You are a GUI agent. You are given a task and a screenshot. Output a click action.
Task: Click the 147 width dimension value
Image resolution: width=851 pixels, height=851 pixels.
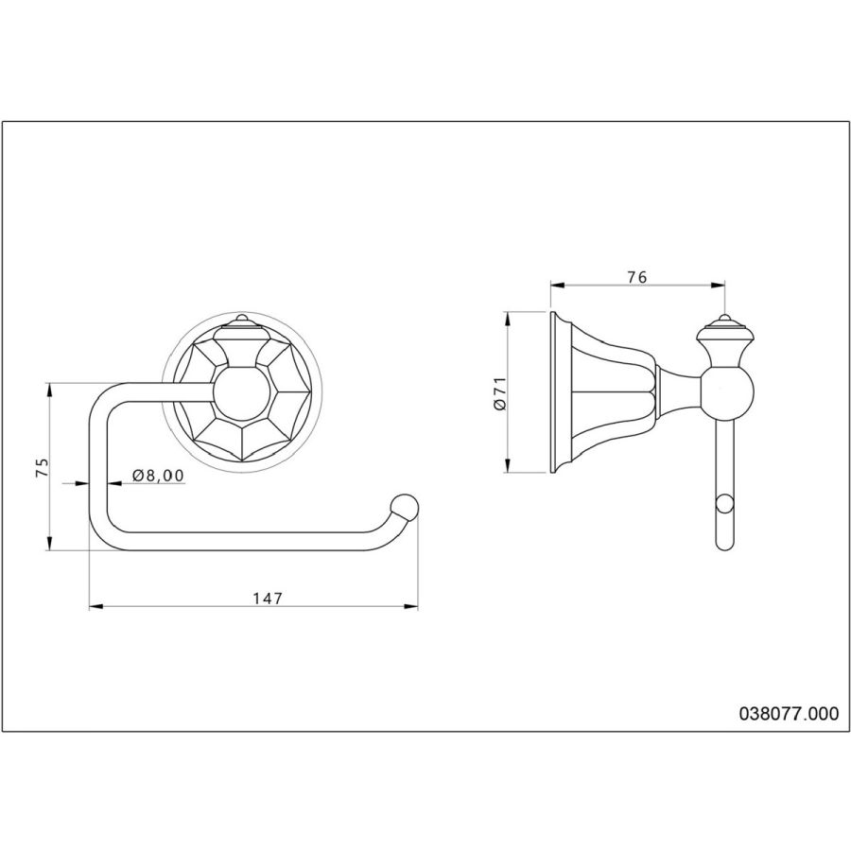(x=268, y=599)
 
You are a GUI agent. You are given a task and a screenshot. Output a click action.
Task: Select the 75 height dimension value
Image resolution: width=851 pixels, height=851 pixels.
(x=42, y=467)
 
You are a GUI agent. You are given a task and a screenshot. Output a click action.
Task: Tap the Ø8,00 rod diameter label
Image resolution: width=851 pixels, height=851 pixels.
(x=158, y=476)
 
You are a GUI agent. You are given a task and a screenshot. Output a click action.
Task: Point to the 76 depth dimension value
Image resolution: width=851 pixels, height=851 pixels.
(x=637, y=277)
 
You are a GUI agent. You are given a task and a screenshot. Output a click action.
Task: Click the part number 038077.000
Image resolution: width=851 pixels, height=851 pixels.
(x=789, y=713)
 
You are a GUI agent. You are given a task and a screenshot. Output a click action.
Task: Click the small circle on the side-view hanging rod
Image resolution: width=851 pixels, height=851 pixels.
(x=724, y=503)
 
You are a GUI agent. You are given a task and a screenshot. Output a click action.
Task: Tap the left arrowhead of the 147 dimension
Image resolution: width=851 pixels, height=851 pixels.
(x=96, y=607)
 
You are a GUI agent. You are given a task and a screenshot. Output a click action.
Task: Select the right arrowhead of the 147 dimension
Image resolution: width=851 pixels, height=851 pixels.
(x=411, y=607)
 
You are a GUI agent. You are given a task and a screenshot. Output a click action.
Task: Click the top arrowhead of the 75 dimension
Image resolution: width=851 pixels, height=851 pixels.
(x=49, y=391)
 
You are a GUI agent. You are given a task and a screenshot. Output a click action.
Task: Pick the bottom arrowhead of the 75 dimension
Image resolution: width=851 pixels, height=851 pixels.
(x=49, y=544)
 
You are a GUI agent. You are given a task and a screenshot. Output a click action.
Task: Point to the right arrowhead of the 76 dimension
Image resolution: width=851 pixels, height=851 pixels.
(x=718, y=285)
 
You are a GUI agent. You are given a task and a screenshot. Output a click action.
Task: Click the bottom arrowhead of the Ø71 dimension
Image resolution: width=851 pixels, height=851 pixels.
(x=507, y=465)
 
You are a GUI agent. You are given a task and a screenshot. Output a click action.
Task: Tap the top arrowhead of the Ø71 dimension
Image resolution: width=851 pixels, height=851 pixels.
(x=507, y=319)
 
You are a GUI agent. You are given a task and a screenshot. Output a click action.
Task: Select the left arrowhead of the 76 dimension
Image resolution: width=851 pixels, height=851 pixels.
(x=558, y=285)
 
